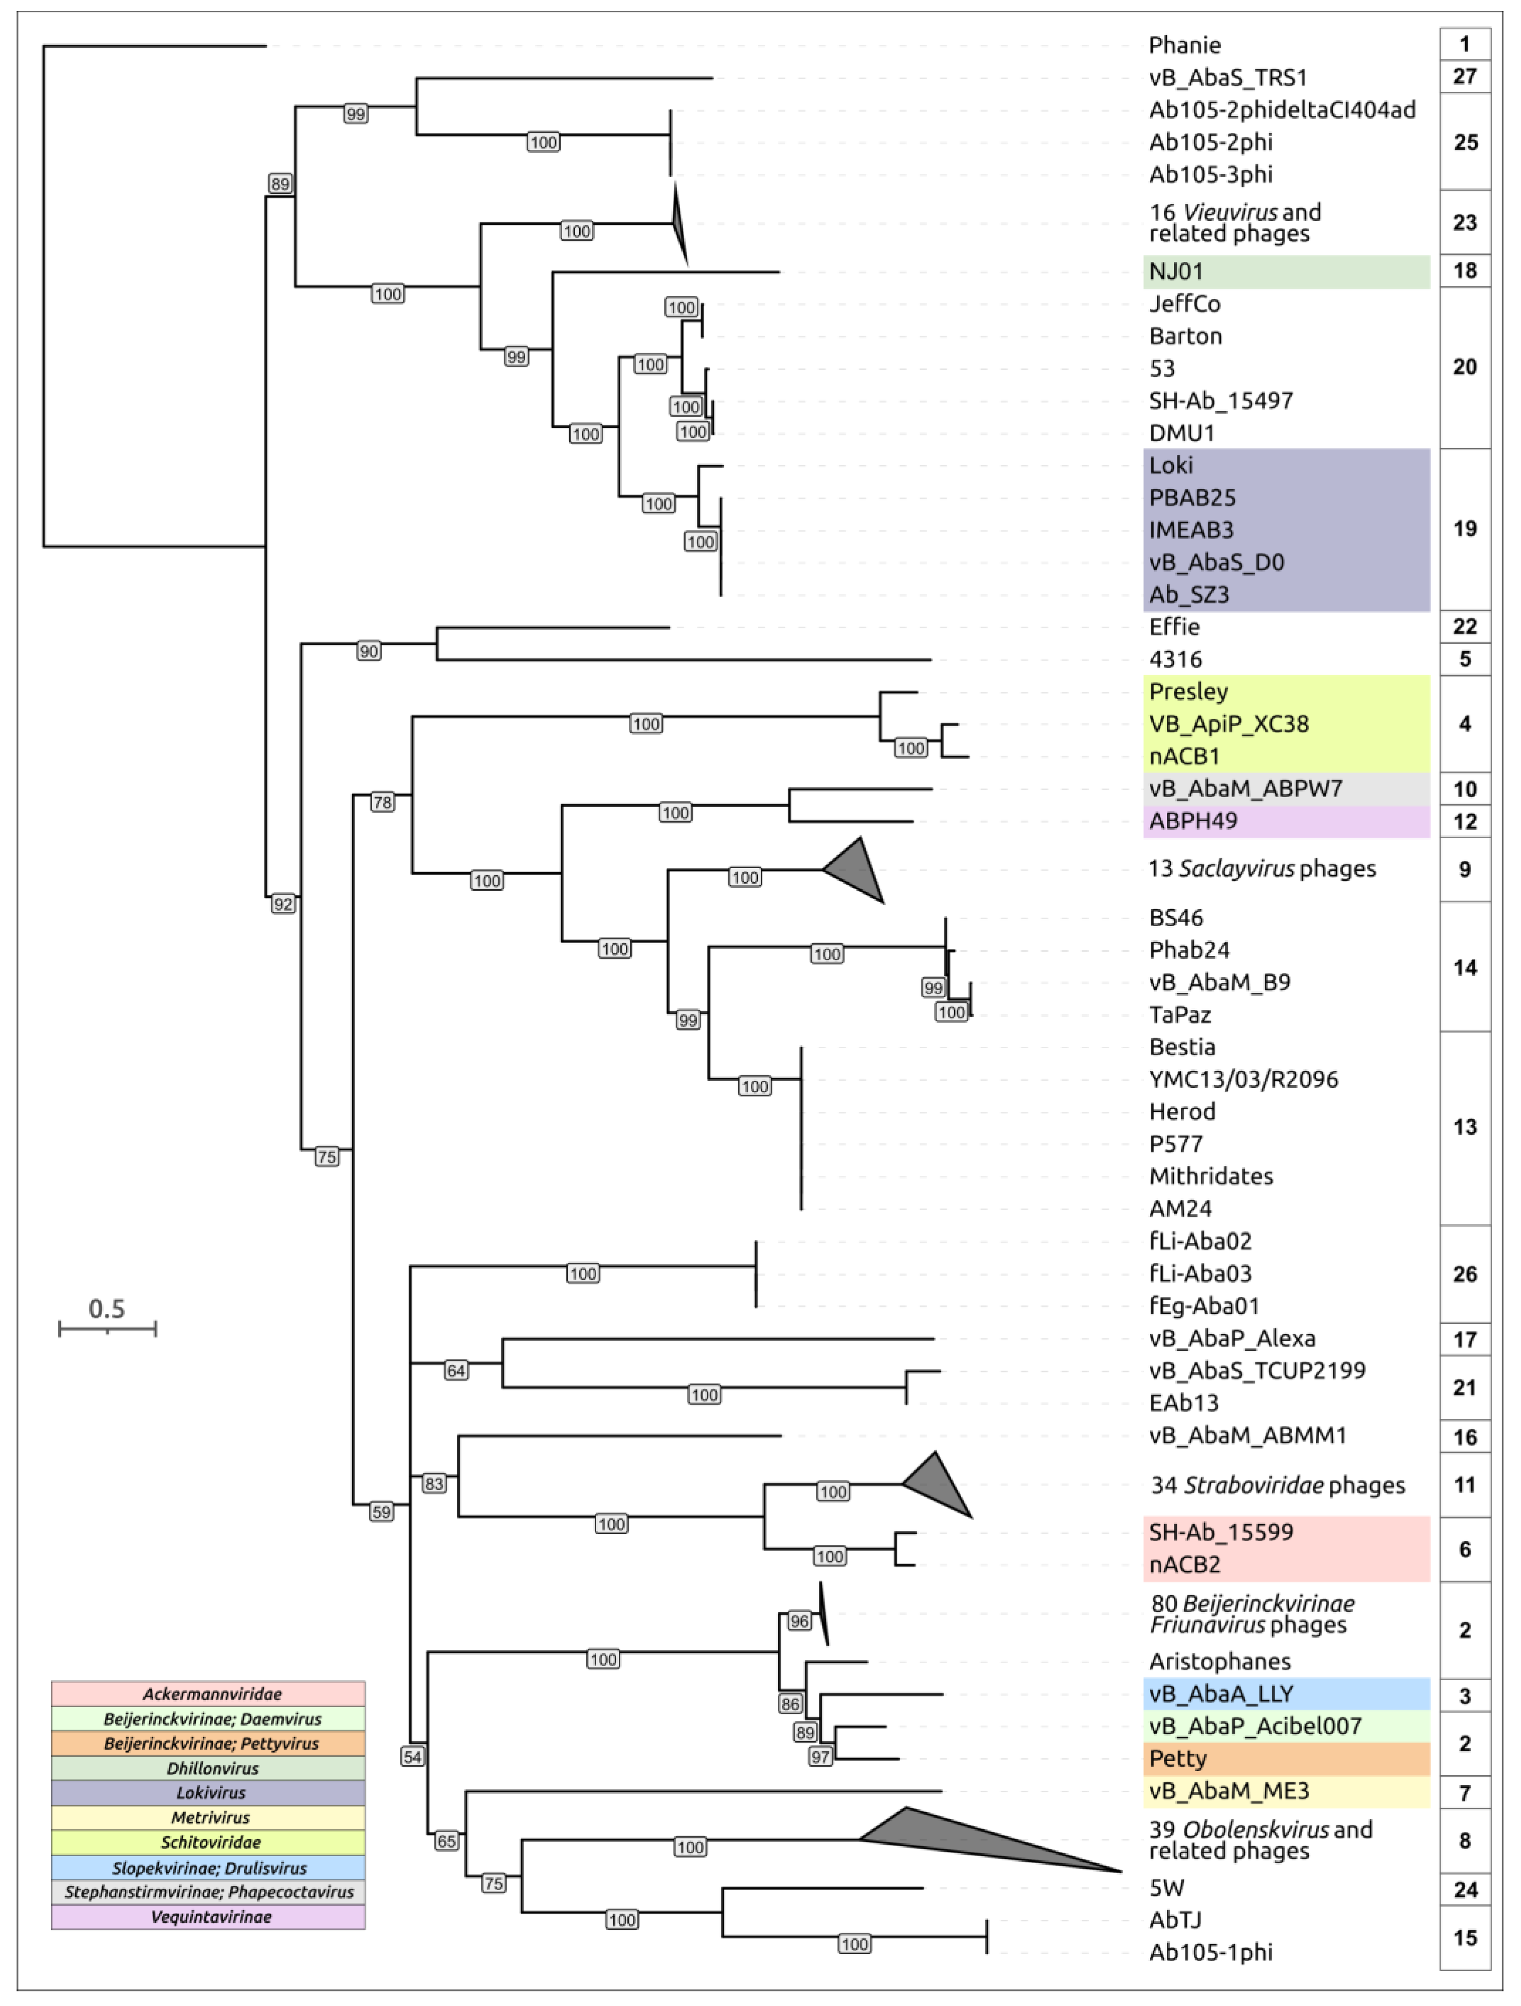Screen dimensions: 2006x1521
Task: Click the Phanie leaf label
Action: coord(1184,45)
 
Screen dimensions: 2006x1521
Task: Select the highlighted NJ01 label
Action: coord(1176,271)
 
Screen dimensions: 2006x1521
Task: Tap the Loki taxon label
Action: coord(1171,465)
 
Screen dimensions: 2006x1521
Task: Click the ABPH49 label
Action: coord(1193,822)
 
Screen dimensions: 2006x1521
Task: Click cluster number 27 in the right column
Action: coord(1464,76)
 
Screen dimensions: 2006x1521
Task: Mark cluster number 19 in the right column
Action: coord(1464,529)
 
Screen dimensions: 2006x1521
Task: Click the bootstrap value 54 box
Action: coord(413,1757)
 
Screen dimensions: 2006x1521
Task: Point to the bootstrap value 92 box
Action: coord(283,903)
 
